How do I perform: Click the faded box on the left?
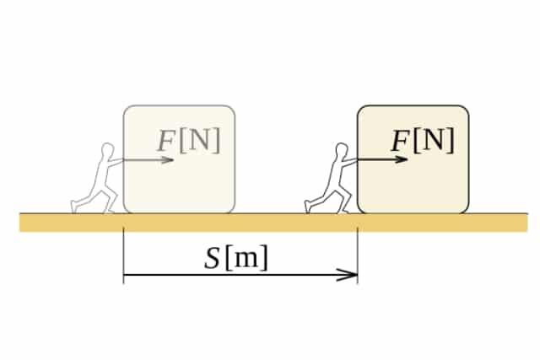(179, 181)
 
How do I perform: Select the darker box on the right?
(413, 181)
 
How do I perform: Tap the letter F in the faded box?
(166, 142)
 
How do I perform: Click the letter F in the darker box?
(400, 142)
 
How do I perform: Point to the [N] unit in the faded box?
(200, 141)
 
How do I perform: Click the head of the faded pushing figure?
(106, 150)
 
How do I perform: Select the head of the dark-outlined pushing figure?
(340, 150)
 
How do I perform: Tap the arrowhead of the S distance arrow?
(350, 274)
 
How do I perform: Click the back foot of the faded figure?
(75, 207)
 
